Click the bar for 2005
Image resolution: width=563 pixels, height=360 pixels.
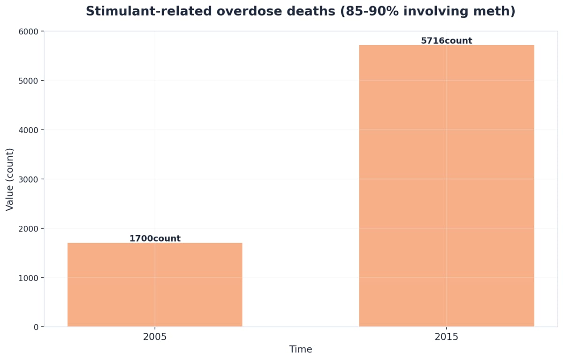tap(155, 284)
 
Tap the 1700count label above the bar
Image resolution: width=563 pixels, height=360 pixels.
tap(155, 238)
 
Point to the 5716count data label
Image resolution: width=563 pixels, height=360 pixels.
tap(446, 41)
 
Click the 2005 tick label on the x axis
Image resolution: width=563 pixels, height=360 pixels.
tap(155, 337)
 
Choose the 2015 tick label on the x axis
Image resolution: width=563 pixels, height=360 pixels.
tap(446, 337)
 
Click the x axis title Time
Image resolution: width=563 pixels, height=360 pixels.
tap(300, 350)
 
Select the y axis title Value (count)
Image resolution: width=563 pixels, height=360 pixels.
tap(10, 179)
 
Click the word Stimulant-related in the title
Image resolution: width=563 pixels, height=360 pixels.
tap(142, 12)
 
